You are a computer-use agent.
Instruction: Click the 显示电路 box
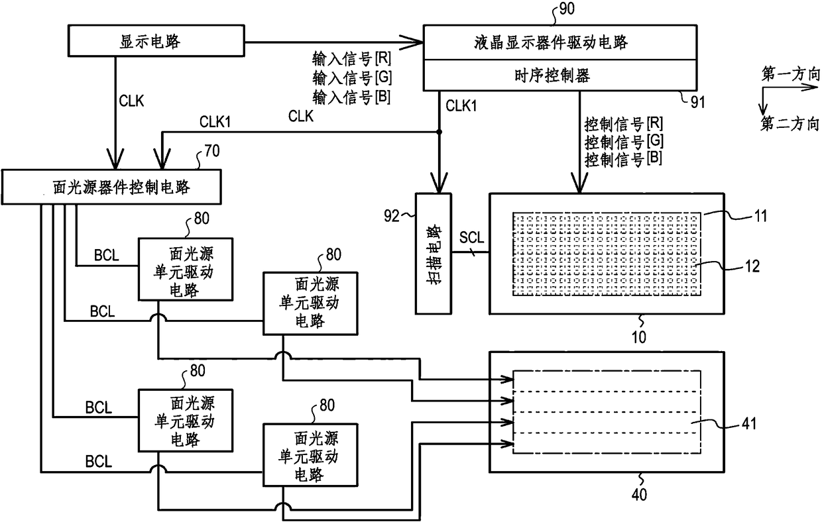[156, 40]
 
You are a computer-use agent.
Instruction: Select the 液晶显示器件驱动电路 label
[551, 42]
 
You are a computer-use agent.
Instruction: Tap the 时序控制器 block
[560, 75]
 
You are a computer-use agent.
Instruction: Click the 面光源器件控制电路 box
[111, 187]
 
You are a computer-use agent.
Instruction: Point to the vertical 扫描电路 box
[434, 254]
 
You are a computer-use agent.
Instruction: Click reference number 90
[567, 9]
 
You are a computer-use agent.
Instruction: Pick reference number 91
[697, 102]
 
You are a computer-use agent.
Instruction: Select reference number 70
[212, 151]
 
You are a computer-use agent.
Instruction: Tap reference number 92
[392, 216]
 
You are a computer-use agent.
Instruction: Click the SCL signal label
[471, 238]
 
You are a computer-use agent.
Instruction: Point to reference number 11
[760, 215]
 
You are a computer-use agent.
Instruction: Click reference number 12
[752, 266]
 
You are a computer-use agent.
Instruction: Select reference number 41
[749, 423]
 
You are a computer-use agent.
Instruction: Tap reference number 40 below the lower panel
[639, 495]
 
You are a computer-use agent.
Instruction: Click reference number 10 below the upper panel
[639, 337]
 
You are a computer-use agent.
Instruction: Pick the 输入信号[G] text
[352, 78]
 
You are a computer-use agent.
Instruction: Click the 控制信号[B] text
[624, 159]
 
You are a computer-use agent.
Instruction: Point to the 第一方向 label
[790, 74]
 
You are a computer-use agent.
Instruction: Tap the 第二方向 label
[790, 125]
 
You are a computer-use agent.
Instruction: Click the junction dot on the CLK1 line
[439, 132]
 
